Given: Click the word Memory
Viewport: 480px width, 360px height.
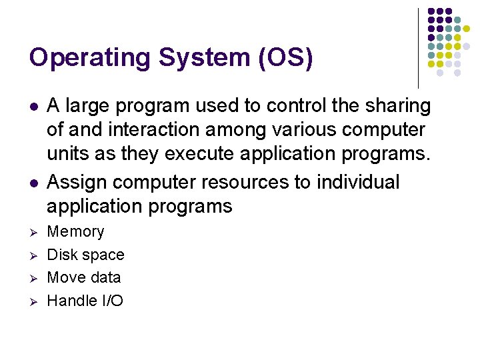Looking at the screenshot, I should point(76,232).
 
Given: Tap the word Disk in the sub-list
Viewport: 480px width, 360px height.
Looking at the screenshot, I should point(63,255).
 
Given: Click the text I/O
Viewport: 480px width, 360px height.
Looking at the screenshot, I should point(113,301).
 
